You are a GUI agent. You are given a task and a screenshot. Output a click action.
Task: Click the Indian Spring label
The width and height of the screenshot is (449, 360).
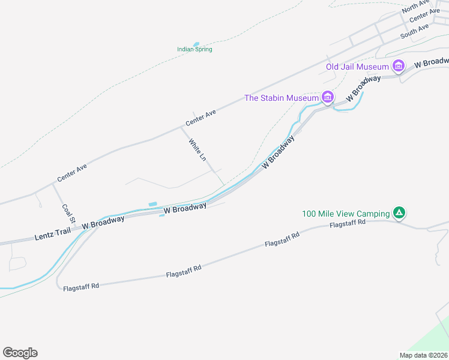click(194, 49)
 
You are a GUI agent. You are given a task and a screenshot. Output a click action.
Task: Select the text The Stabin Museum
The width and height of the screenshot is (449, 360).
click(281, 98)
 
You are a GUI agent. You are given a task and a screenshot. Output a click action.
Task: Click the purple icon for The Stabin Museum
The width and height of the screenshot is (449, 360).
click(327, 97)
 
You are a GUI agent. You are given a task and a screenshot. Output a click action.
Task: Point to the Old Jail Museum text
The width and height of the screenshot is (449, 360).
click(357, 67)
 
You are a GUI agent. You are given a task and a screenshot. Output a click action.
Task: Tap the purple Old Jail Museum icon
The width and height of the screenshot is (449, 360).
click(397, 65)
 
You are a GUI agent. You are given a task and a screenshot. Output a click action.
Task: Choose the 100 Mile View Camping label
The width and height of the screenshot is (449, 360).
click(345, 214)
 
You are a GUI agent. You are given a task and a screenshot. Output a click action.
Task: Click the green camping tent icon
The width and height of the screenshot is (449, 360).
click(399, 212)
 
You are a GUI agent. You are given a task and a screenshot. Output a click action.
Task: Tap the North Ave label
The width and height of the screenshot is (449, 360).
click(414, 7)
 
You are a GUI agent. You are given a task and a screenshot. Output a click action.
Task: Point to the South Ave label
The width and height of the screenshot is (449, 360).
click(414, 31)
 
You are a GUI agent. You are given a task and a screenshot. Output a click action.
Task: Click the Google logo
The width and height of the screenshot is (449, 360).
click(20, 352)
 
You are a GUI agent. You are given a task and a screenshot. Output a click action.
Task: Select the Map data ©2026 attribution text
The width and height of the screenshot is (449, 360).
click(423, 355)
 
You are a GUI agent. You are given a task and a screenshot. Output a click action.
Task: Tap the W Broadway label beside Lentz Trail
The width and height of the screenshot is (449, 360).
click(103, 221)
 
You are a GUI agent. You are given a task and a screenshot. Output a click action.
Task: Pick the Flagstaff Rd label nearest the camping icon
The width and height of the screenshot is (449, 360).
click(348, 224)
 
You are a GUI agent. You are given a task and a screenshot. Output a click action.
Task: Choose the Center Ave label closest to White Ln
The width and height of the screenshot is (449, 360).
click(200, 117)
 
